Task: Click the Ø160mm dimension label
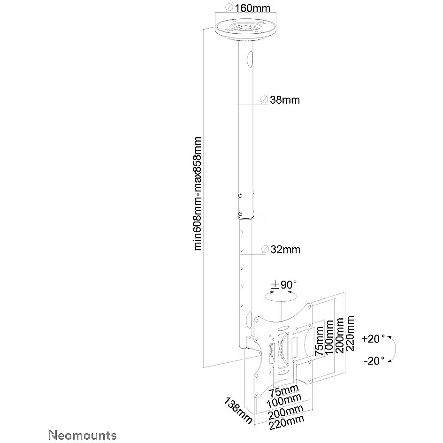pos(245,8)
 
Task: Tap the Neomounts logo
pos(83,435)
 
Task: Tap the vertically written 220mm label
pos(349,334)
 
